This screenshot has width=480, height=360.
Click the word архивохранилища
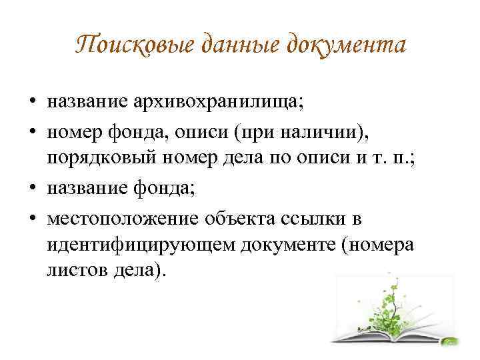tap(218, 102)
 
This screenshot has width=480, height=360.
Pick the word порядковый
tap(101, 158)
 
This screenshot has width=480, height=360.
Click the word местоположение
tap(123, 219)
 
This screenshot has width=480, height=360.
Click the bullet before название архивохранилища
tap(33, 101)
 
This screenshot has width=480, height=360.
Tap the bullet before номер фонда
tap(33, 131)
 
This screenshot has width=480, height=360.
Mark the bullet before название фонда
tap(33, 187)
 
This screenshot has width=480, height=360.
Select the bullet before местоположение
tap(33, 218)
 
